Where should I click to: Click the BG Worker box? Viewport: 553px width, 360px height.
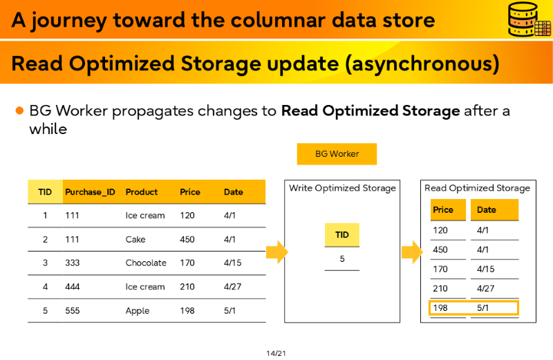(x=337, y=153)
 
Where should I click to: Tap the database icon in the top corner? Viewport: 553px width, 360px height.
(x=529, y=19)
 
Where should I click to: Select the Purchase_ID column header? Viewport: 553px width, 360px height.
(x=91, y=192)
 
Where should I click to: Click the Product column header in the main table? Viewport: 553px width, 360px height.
(x=142, y=192)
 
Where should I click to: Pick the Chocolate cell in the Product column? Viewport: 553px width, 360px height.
(x=146, y=263)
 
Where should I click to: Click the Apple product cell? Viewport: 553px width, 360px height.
(x=137, y=311)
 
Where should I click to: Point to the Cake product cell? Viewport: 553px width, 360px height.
(x=135, y=239)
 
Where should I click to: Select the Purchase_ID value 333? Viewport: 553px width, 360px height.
(x=73, y=263)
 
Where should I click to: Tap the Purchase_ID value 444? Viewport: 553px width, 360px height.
(x=73, y=287)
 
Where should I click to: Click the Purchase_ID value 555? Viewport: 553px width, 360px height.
(x=73, y=311)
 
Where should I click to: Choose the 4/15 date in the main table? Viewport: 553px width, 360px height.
(x=232, y=263)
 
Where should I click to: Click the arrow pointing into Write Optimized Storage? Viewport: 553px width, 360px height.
(x=277, y=252)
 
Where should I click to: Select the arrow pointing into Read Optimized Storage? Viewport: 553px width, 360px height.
(x=412, y=252)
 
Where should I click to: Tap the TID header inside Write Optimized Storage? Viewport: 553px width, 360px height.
(x=341, y=235)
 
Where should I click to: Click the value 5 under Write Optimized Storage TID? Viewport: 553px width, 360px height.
(x=342, y=259)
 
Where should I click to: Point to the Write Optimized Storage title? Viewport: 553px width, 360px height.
(x=342, y=188)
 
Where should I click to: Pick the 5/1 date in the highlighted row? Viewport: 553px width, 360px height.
(x=482, y=307)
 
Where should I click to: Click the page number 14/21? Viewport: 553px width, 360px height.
(x=276, y=353)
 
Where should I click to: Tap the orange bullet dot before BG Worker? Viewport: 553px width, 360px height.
(x=19, y=111)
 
